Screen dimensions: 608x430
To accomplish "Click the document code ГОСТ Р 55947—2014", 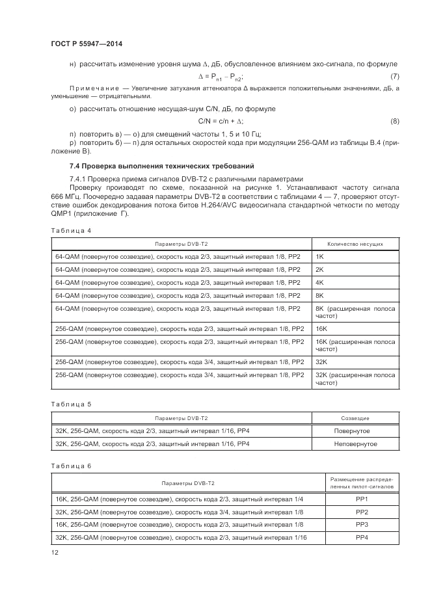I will [x=87, y=44].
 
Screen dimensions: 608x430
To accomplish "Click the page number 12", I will [x=54, y=552].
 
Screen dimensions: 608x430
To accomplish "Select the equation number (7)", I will [x=394, y=75].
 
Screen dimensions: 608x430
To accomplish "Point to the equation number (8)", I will [x=394, y=122].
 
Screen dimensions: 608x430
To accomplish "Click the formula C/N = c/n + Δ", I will [x=221, y=122].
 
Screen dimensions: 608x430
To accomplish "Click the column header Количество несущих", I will [x=355, y=244].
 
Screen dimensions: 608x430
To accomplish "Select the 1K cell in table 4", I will [x=319, y=257].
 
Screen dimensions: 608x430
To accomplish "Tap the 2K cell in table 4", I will [x=319, y=269].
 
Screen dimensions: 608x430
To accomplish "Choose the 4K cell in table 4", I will [x=319, y=282].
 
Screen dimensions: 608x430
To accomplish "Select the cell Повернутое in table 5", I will [x=352, y=431].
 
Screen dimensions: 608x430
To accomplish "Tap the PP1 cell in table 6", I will [x=362, y=499].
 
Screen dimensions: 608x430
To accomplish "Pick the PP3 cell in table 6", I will [x=362, y=524].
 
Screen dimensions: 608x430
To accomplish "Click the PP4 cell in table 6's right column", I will [x=362, y=537].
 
